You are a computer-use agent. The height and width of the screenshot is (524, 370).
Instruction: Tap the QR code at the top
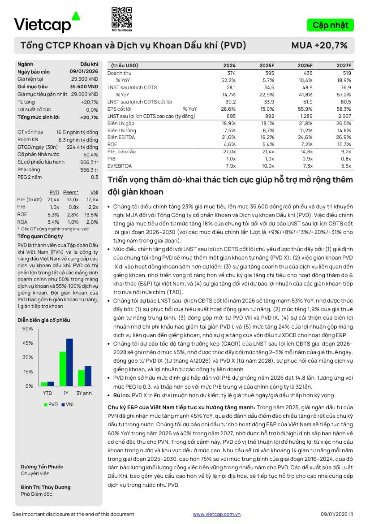point(121,17)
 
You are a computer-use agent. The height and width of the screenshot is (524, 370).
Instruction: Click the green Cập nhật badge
point(330,25)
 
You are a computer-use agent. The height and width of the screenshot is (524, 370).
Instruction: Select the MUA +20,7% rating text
point(319,45)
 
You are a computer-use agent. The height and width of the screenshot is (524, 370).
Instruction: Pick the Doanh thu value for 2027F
point(345,73)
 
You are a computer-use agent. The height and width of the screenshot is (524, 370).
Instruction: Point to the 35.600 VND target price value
point(84,87)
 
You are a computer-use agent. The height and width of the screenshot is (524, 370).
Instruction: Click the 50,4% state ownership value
point(90,154)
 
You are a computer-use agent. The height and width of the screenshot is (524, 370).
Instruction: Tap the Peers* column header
point(71,192)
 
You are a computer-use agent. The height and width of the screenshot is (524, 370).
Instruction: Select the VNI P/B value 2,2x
point(93,207)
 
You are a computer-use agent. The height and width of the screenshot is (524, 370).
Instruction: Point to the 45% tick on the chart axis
point(28,343)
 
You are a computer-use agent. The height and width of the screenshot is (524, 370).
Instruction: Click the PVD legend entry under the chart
point(50,404)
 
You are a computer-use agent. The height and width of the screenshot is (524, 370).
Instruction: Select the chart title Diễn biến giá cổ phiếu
point(44,320)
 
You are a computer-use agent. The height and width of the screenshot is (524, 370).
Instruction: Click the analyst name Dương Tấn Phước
point(42,467)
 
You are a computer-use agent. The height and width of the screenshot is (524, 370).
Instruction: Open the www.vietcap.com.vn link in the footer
point(217,514)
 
